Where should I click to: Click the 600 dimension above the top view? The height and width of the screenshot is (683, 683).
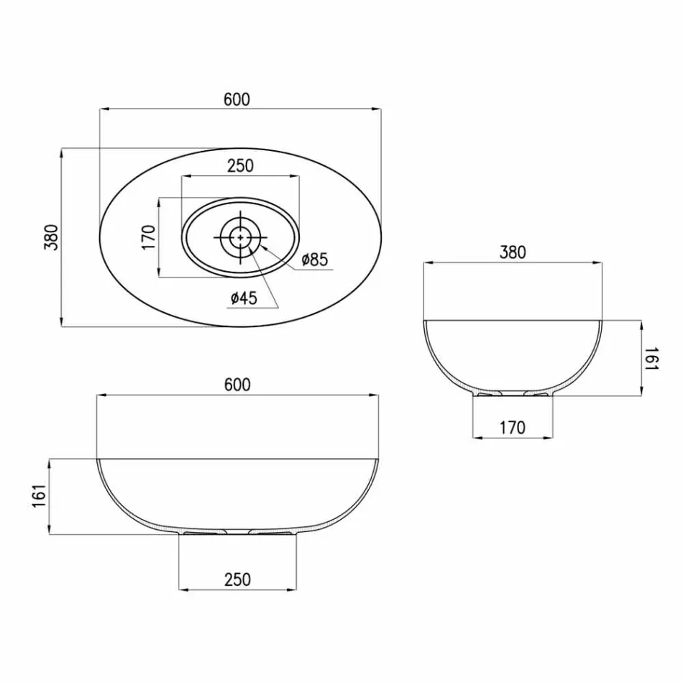click(x=237, y=100)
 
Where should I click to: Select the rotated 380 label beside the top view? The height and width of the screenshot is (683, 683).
click(x=51, y=237)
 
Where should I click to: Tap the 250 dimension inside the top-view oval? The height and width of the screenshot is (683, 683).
click(x=240, y=166)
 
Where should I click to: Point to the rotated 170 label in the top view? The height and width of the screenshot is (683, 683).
click(x=149, y=237)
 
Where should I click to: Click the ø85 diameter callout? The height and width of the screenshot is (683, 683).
click(x=314, y=260)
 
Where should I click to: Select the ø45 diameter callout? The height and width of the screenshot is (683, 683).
click(x=244, y=298)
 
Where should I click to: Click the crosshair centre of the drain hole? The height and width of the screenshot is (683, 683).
click(x=239, y=236)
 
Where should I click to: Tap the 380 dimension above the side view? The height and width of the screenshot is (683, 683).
click(x=513, y=252)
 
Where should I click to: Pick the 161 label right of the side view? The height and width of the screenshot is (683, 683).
click(x=650, y=357)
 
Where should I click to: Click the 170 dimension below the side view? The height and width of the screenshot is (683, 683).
click(x=512, y=427)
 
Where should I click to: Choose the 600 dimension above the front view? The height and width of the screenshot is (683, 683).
click(x=237, y=385)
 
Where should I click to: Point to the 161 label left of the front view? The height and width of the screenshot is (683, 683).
click(x=40, y=496)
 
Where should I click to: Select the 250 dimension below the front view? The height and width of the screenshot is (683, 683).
click(x=237, y=579)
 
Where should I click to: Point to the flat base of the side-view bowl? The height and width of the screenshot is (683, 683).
click(x=512, y=395)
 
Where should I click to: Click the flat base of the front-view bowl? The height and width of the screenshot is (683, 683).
click(x=237, y=534)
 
